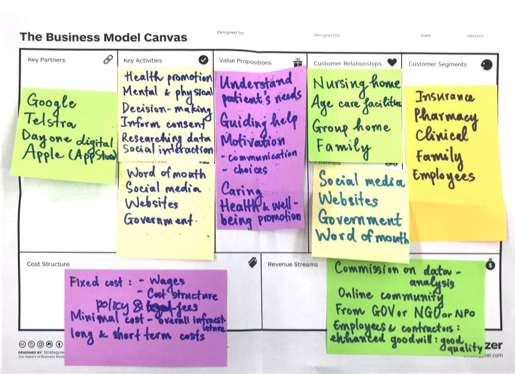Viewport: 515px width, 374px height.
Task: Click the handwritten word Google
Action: pos(51,102)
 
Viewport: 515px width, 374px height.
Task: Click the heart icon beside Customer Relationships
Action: pos(392,63)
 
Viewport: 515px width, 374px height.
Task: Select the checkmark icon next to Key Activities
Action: pos(203,60)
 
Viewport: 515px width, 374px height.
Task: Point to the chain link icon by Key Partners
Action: pos(108,59)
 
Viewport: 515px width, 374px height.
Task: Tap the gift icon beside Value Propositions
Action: pos(298,62)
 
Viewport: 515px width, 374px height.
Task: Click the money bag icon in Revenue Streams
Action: pos(490,264)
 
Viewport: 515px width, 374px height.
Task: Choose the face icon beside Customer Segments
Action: pos(486,64)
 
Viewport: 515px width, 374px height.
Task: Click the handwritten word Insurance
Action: pos(445,96)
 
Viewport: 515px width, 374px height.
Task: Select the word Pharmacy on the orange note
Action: pos(446,116)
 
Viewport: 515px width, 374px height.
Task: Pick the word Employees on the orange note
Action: pos(443,177)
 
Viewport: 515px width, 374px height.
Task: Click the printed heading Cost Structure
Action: pos(48,264)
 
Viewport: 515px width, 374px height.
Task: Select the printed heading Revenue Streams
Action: pos(292,264)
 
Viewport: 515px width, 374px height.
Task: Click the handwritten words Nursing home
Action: pos(356,83)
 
